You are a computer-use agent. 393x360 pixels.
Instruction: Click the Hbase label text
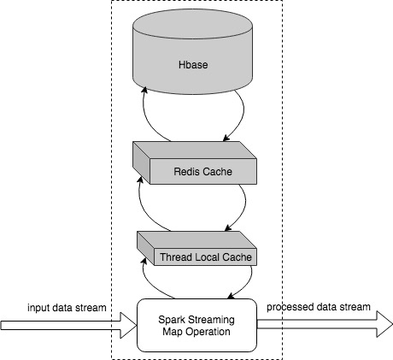[193, 65]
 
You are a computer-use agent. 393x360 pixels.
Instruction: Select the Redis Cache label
[202, 172]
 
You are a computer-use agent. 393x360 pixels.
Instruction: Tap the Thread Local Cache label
[206, 257]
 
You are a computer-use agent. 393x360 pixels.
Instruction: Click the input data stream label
[67, 308]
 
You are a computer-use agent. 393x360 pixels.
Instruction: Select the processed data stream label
[319, 307]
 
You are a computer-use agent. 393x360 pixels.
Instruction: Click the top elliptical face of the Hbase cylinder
[193, 24]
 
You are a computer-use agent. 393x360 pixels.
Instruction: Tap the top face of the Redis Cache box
[195, 150]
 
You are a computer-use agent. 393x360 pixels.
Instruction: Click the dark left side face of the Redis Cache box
[141, 162]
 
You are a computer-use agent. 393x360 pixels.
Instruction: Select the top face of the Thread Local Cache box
[196, 239]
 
